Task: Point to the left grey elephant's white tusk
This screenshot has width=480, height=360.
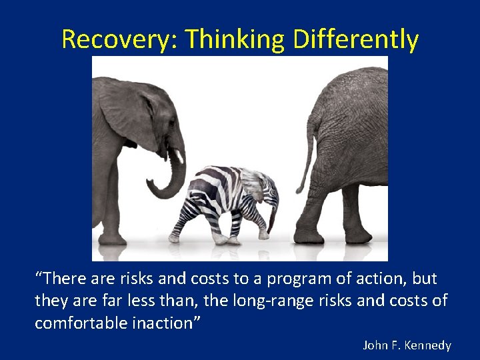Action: pos(179,156)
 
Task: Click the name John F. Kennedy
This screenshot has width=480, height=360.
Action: pos(407,345)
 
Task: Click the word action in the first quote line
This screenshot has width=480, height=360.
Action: pos(373,279)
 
